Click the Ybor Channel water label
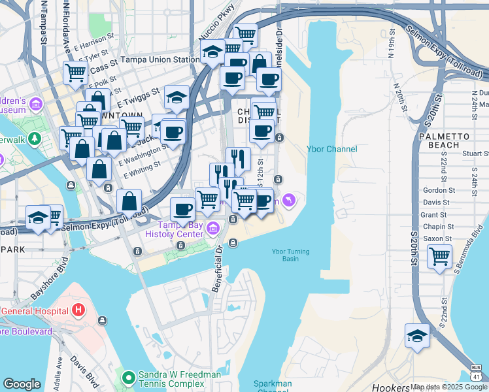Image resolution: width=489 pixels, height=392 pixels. (x=332, y=149)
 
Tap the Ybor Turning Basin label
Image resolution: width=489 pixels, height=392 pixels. (x=291, y=255)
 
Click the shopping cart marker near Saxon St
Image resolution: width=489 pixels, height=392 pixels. (x=439, y=256)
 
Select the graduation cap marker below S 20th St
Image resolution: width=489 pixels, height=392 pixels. (x=417, y=336)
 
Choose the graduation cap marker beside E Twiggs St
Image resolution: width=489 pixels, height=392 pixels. (x=177, y=98)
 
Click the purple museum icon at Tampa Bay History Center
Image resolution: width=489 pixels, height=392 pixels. (x=213, y=228)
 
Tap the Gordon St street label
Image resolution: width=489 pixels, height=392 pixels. (x=435, y=190)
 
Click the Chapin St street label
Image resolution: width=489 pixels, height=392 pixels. (x=433, y=226)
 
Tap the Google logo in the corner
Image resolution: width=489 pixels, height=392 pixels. (x=22, y=384)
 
